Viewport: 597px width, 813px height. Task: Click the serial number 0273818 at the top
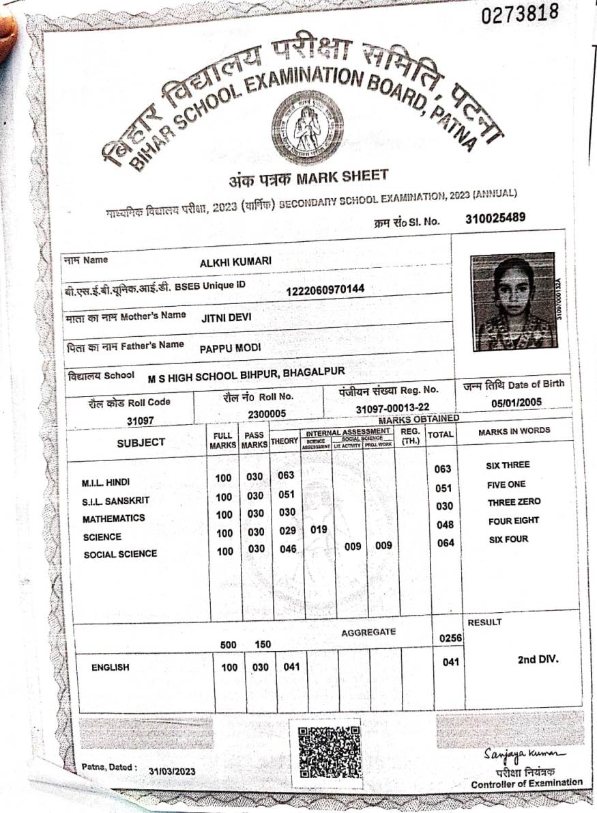[x=520, y=12]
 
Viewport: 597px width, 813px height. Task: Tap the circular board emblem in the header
[x=307, y=126]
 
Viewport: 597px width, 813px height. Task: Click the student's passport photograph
[x=513, y=301]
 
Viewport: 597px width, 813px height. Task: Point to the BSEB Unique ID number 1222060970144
[x=325, y=290]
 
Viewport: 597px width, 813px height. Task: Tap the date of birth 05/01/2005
[x=516, y=402]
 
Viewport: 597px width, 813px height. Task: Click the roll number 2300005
[x=267, y=413]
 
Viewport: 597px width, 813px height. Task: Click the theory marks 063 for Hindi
[x=287, y=476]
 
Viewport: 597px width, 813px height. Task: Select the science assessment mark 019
[x=319, y=529]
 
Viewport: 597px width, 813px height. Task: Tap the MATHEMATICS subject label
[x=114, y=519]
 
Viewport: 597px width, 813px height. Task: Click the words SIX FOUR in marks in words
[x=508, y=540]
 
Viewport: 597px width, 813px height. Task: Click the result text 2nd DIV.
[x=538, y=660]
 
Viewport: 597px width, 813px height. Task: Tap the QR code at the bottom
[x=330, y=752]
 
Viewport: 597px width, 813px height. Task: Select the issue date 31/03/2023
[x=172, y=771]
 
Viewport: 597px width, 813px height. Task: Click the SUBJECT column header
[x=141, y=442]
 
